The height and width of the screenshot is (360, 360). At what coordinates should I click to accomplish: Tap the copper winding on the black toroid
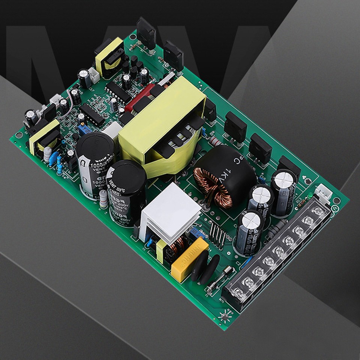point(214,186)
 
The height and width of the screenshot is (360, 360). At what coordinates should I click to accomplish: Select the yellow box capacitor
point(189,259)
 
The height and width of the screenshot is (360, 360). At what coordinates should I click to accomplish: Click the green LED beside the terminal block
point(310,195)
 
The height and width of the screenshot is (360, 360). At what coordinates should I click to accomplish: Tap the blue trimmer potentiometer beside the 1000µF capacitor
point(84,129)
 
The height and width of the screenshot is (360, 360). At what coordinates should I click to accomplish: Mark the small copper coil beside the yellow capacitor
point(176,246)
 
